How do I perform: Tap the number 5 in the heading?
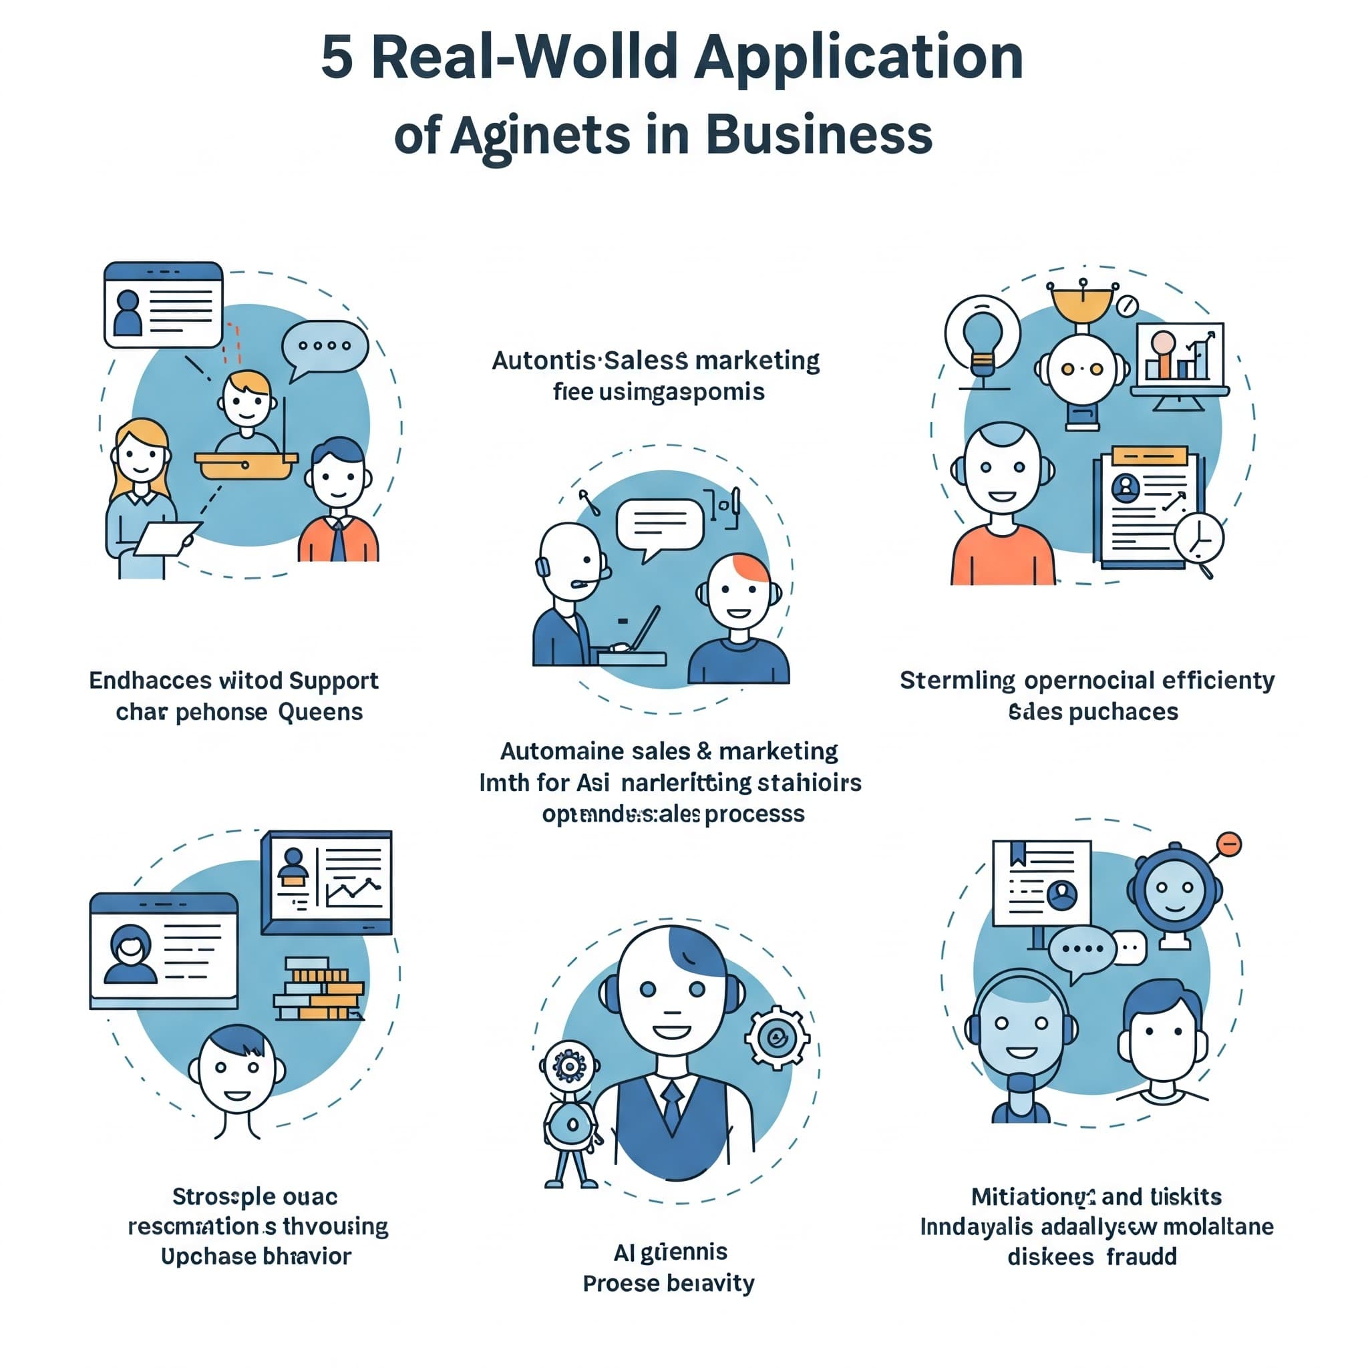(x=337, y=58)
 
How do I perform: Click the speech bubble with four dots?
(x=325, y=347)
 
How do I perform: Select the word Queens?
(x=320, y=711)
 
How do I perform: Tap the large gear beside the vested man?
(x=777, y=1038)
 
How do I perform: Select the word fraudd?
(x=1142, y=1257)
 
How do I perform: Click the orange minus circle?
(x=1229, y=844)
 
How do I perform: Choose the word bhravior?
(x=306, y=1257)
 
